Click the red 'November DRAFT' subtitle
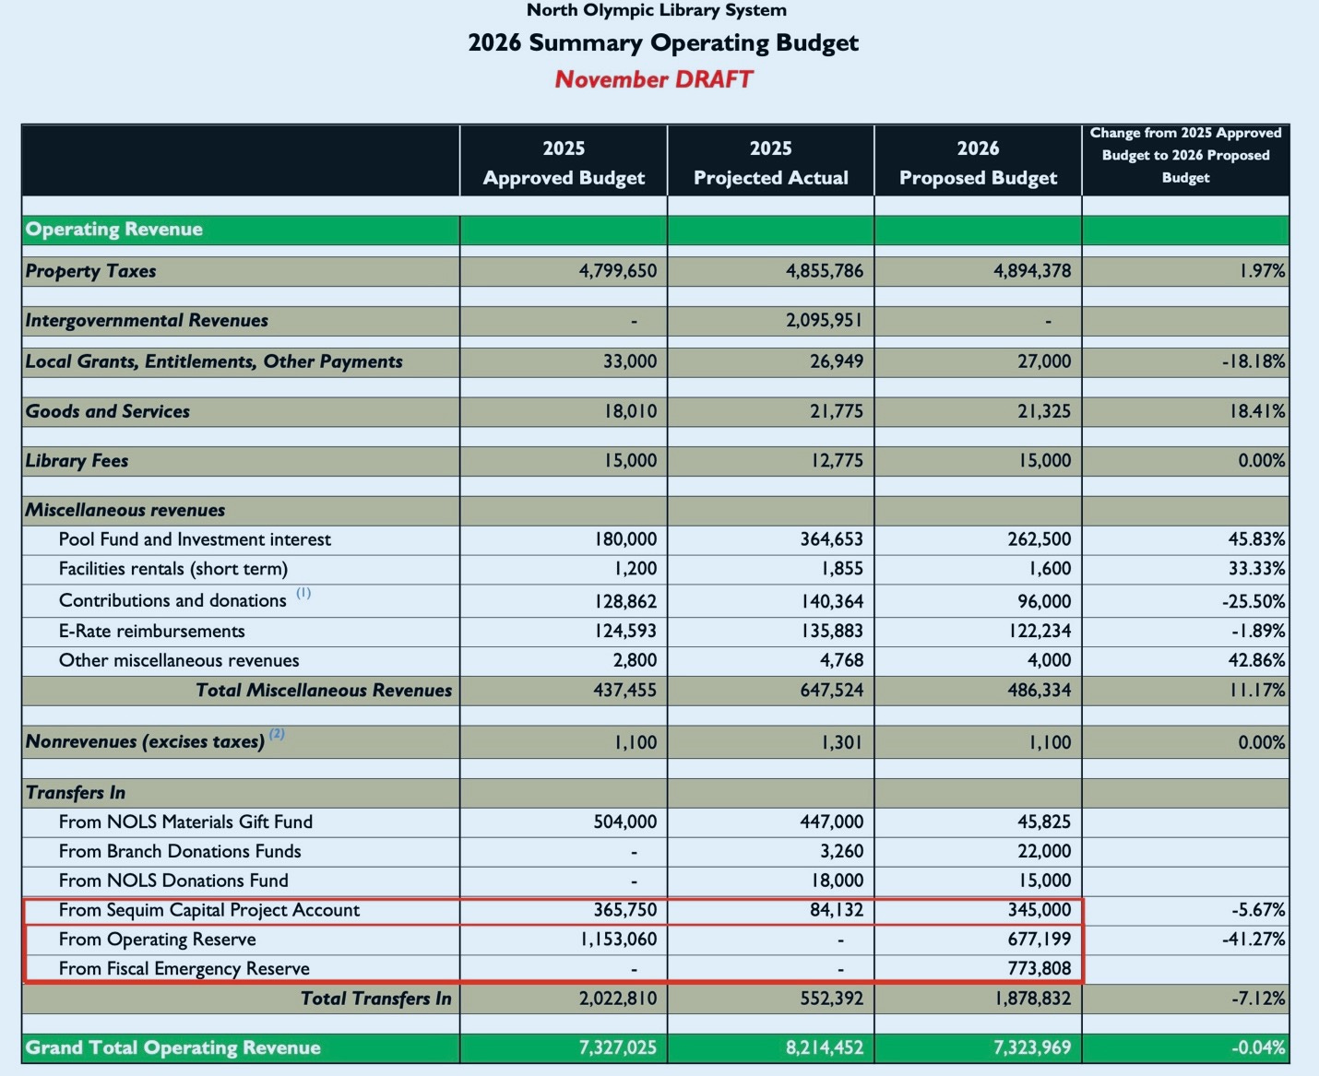tap(653, 79)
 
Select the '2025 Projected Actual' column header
tap(770, 163)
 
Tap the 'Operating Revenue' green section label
tap(114, 230)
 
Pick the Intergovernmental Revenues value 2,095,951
tap(824, 321)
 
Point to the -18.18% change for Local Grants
tap(1254, 361)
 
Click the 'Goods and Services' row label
tap(108, 411)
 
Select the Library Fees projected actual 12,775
tap(837, 461)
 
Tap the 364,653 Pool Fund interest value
tap(831, 539)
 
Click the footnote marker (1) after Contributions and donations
tap(303, 594)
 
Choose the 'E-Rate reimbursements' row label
tap(152, 632)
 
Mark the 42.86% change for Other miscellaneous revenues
tap(1256, 660)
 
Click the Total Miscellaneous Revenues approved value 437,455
tap(624, 691)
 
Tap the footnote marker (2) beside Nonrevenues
tap(277, 735)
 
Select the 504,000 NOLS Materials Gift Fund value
tap(624, 822)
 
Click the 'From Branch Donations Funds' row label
tap(180, 851)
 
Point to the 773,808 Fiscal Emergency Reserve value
tap(1039, 969)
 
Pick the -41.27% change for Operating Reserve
tap(1257, 940)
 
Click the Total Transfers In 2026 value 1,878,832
tap(1032, 999)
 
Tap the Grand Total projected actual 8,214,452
tap(825, 1048)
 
